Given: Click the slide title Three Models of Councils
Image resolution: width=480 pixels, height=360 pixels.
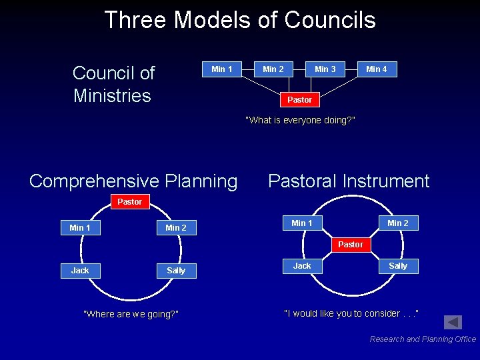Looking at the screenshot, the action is pyautogui.click(x=240, y=20).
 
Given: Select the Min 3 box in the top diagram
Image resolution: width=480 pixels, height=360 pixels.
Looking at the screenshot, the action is pyautogui.click(x=325, y=69).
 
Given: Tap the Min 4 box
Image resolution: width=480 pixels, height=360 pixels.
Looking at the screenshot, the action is pyautogui.click(x=377, y=69).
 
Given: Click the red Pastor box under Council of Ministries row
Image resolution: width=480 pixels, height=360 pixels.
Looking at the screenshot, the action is pyautogui.click(x=299, y=99).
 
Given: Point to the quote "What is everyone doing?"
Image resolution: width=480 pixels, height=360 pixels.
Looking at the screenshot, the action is pyautogui.click(x=300, y=120).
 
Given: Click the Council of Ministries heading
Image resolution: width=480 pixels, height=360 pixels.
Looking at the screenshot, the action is pyautogui.click(x=113, y=84).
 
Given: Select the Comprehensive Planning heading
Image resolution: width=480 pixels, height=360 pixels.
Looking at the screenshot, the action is pyautogui.click(x=133, y=181).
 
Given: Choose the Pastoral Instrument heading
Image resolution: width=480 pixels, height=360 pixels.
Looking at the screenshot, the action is pyautogui.click(x=349, y=181).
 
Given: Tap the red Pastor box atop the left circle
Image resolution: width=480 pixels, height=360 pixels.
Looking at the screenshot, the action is pyautogui.click(x=129, y=201).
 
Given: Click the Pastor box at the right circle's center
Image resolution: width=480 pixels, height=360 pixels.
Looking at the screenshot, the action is pyautogui.click(x=351, y=245).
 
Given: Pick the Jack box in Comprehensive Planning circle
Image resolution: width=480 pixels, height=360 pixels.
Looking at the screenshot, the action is pyautogui.click(x=80, y=270).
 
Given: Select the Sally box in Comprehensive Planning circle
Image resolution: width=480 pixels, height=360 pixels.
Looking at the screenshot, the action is pyautogui.click(x=176, y=270).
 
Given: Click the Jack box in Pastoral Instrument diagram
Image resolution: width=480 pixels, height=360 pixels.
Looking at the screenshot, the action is pyautogui.click(x=302, y=266).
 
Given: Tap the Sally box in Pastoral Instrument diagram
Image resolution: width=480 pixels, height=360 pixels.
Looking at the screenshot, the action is pyautogui.click(x=398, y=266).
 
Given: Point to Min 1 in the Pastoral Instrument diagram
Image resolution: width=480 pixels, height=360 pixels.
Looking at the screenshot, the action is pyautogui.click(x=302, y=223).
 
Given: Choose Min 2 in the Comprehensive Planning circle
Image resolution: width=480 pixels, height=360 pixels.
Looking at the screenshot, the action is pyautogui.click(x=176, y=228).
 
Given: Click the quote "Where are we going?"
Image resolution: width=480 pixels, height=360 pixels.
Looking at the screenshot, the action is pyautogui.click(x=131, y=314).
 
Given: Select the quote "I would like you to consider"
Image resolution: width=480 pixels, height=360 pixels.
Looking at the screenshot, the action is pyautogui.click(x=351, y=313).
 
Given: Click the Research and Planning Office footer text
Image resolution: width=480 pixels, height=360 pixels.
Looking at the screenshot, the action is pyautogui.click(x=423, y=339).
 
